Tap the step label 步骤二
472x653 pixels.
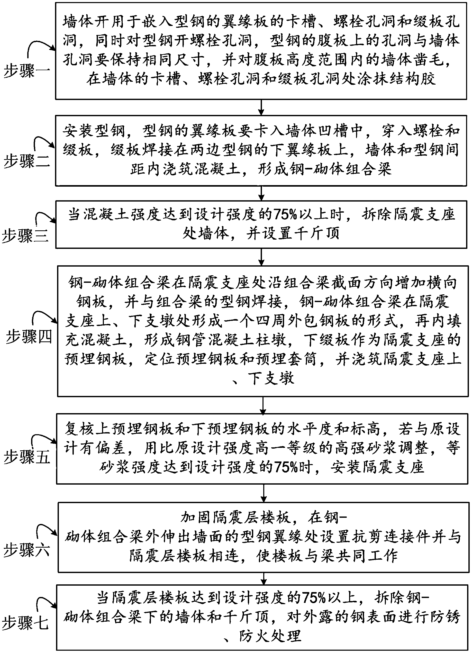26,161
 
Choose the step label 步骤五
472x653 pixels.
26,457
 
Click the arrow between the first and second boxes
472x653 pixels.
261,107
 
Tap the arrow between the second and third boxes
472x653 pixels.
261,193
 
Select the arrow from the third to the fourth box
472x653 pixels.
261,257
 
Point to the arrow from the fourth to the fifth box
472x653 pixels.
263,405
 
